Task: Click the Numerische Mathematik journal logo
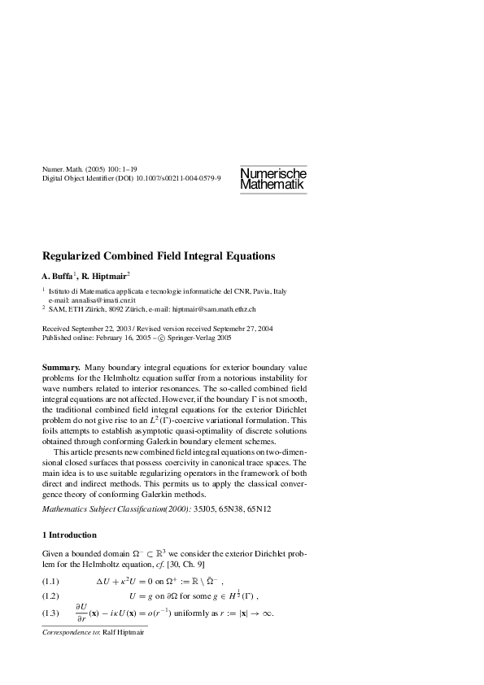[273, 180]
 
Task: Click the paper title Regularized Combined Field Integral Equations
[159, 255]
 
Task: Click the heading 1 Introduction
[69, 534]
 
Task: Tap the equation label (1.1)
[50, 583]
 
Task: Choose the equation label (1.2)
[50, 596]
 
